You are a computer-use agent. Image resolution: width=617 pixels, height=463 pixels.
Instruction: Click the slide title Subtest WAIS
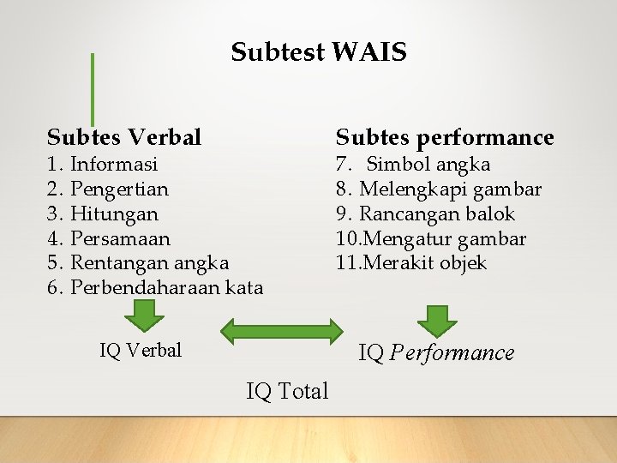pos(319,53)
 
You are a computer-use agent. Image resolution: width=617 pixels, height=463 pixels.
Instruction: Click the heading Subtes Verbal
pos(124,137)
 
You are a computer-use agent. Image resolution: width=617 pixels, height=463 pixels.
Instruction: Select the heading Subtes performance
pos(445,137)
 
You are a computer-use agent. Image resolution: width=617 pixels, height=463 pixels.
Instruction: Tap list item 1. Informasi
pos(103,164)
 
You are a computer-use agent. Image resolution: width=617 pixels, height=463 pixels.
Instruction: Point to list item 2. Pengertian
pos(108,189)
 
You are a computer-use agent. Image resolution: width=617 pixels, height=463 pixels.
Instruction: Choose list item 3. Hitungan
pos(103,213)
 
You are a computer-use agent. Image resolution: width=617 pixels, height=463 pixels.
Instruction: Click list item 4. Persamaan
pos(109,238)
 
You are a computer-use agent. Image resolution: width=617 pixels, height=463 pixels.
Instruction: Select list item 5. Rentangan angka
pos(138,262)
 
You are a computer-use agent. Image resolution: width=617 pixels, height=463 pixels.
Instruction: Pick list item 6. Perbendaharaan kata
pos(155,287)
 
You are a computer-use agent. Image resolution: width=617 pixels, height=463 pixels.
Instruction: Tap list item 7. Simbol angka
pos(413,164)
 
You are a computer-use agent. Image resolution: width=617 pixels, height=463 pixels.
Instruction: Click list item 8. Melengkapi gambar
pos(439,189)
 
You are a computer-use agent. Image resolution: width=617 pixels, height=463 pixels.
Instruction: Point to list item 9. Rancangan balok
pos(425,213)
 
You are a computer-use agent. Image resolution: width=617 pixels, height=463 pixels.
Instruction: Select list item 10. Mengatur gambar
pos(431,238)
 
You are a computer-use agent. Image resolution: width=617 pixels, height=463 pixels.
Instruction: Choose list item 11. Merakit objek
pos(411,262)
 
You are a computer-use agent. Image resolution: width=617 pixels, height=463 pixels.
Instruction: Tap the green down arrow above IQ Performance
pos(437,320)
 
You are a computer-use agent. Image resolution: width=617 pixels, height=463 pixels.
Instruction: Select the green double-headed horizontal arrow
pos(282,331)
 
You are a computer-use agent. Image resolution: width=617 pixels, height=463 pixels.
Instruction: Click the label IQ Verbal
pos(141,350)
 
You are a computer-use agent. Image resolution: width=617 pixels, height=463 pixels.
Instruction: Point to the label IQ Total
pos(287,392)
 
